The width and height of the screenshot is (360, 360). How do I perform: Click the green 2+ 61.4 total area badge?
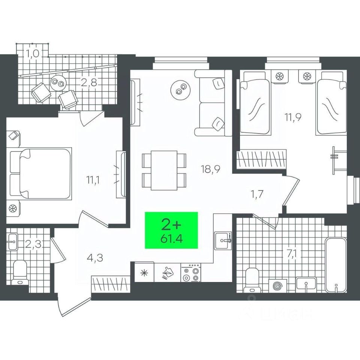pyautogui.click(x=171, y=230)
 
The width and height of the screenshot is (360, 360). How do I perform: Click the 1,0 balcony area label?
pyautogui.click(x=33, y=53)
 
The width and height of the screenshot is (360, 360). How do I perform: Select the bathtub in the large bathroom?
pyautogui.click(x=336, y=264)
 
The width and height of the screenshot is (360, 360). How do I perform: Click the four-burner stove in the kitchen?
pyautogui.click(x=191, y=273)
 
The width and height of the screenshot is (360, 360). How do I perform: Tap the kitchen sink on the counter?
pyautogui.click(x=223, y=238)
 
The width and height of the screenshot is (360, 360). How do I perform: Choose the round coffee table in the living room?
pyautogui.click(x=180, y=89)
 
